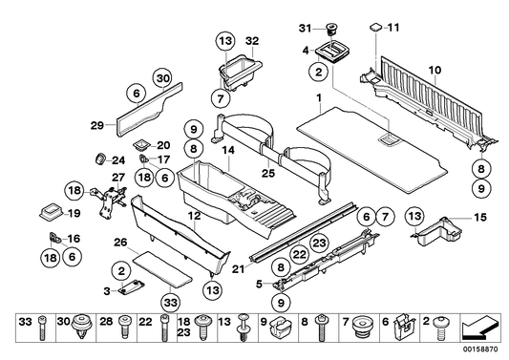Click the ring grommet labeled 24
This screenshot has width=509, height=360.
(x=99, y=158)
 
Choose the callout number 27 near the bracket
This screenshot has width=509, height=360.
(x=119, y=178)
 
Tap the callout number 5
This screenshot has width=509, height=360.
(x=260, y=283)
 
